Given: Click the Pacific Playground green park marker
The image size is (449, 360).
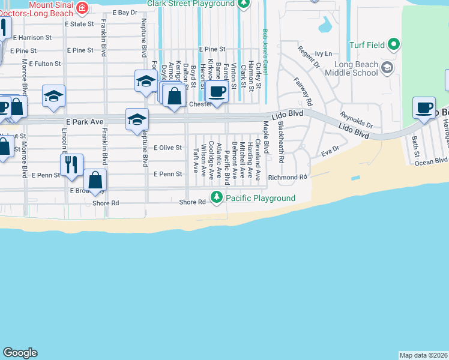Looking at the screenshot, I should point(216,197).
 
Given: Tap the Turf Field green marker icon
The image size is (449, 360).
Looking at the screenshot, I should point(393,44).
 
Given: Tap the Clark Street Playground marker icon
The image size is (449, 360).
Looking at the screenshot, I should point(243,4).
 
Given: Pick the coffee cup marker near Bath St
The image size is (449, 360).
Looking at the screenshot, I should point(424,108).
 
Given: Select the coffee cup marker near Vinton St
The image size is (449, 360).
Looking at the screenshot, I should point(217,91).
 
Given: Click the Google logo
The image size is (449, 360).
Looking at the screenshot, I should point(20,353).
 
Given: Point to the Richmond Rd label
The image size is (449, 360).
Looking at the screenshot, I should point(288,178).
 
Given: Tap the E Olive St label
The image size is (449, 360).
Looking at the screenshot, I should point(167,147).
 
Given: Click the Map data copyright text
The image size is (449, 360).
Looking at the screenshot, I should point(424,355).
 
